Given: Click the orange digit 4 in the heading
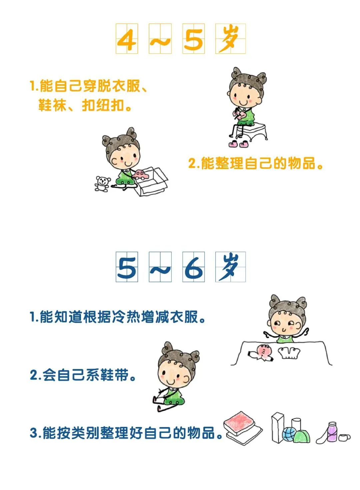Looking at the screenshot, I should click(x=127, y=39).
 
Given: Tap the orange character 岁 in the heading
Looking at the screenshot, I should click(x=230, y=39).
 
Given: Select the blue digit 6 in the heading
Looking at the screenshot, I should click(x=194, y=267).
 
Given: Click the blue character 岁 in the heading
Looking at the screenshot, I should click(x=230, y=267).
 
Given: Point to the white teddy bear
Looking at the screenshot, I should click(x=102, y=184).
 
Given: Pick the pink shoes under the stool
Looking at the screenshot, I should click(x=238, y=144).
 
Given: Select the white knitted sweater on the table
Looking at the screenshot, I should click(x=289, y=353).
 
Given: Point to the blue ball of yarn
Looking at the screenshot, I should click(x=289, y=434).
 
